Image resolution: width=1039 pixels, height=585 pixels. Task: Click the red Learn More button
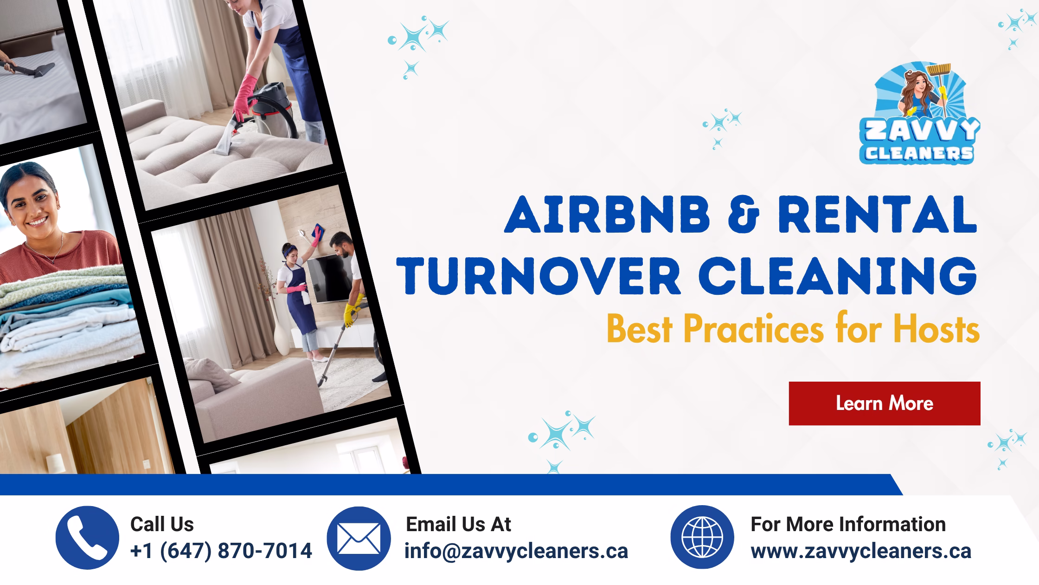pyautogui.click(x=885, y=403)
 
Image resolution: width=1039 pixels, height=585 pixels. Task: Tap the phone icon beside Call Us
pyautogui.click(x=87, y=538)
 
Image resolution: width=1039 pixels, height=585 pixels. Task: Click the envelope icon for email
pyautogui.click(x=359, y=538)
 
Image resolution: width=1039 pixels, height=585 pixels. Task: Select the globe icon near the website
pyautogui.click(x=702, y=537)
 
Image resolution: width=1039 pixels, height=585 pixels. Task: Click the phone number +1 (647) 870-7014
pyautogui.click(x=221, y=551)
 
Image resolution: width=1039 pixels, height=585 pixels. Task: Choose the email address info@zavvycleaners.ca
pyautogui.click(x=516, y=551)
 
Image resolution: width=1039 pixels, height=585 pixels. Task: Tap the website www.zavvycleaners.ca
pyautogui.click(x=861, y=551)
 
